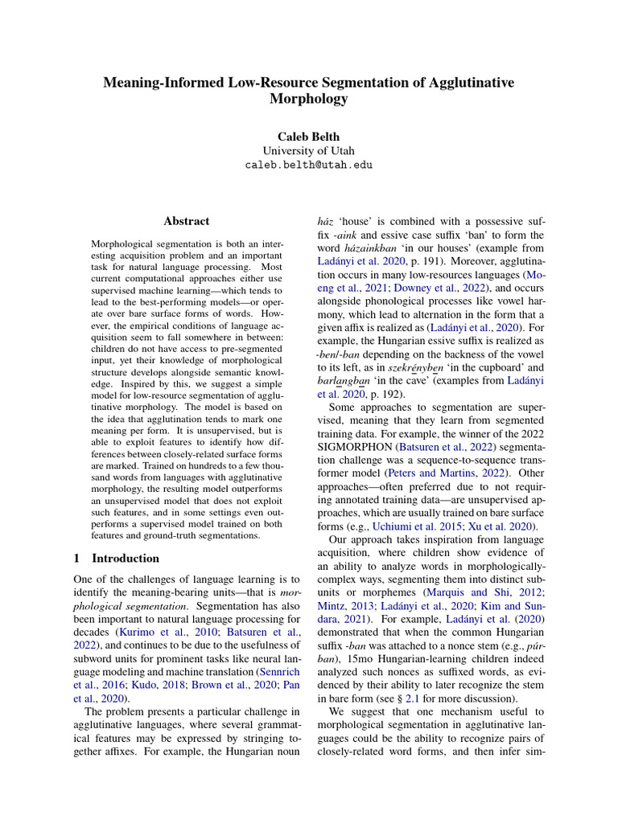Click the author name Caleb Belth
(x=309, y=137)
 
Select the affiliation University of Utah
(x=309, y=150)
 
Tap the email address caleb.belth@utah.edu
(x=309, y=165)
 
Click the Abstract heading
(x=187, y=221)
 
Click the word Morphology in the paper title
(x=309, y=100)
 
